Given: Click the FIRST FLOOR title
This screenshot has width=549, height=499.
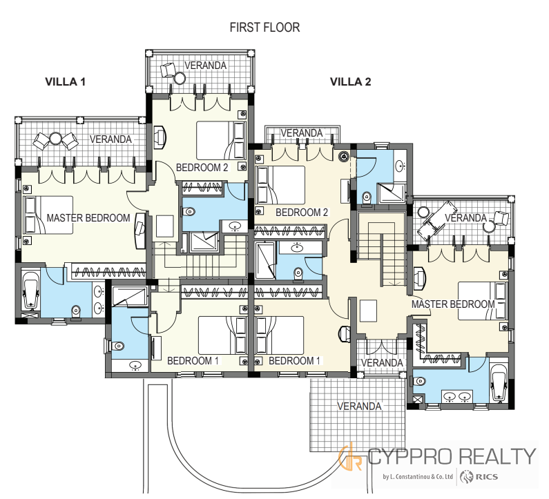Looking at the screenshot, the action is pyautogui.click(x=264, y=28).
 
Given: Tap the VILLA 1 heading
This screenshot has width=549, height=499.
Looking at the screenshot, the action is pyautogui.click(x=65, y=81).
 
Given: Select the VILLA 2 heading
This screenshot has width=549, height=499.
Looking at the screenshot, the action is pyautogui.click(x=351, y=81).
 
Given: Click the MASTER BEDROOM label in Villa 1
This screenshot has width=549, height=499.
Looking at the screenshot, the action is pyautogui.click(x=88, y=218).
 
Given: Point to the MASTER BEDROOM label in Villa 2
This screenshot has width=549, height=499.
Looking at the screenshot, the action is pyautogui.click(x=453, y=304).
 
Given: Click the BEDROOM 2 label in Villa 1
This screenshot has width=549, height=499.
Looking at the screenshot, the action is pyautogui.click(x=202, y=168).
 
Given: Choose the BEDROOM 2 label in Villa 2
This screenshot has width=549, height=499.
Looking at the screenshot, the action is pyautogui.click(x=302, y=213).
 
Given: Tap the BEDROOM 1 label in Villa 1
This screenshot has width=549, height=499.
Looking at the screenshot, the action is pyautogui.click(x=193, y=361).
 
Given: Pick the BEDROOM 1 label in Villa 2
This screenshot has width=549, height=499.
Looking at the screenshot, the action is pyautogui.click(x=294, y=361).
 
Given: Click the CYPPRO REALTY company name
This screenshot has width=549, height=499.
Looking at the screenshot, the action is pyautogui.click(x=452, y=456).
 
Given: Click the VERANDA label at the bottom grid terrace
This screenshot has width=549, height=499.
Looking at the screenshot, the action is pyautogui.click(x=359, y=407).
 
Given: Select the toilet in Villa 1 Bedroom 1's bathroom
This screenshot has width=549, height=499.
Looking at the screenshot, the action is pyautogui.click(x=117, y=346).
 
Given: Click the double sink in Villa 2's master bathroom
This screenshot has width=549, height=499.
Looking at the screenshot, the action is pyautogui.click(x=457, y=397).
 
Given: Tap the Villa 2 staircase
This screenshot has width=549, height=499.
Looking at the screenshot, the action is pyautogui.click(x=381, y=248).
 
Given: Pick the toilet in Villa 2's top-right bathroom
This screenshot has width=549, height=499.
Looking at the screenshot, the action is pyautogui.click(x=367, y=197).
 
